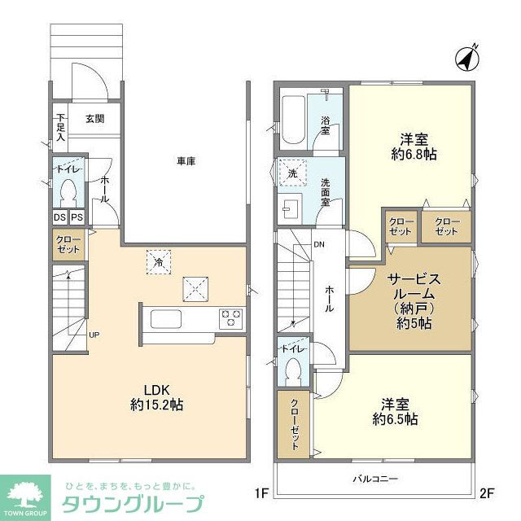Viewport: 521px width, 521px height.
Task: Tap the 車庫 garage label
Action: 186,161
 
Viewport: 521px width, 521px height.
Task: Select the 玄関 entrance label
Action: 94,119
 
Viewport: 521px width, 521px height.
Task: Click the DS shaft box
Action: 60,217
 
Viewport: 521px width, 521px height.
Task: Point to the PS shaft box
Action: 77,217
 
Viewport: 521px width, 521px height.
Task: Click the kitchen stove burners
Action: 230,317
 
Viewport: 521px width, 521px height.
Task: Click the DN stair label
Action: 320,244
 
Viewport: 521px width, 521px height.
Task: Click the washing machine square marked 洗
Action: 291,173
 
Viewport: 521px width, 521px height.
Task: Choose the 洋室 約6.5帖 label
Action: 396,412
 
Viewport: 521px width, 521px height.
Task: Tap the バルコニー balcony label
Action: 375,479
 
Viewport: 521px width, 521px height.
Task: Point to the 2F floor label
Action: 487,493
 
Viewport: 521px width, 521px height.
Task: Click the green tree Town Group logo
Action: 25,493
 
